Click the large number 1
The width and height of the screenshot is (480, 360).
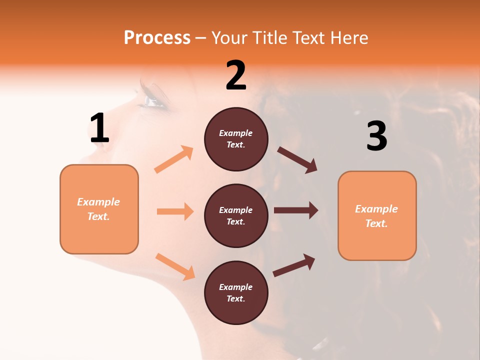(x=99, y=128)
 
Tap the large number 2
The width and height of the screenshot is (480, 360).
(x=236, y=75)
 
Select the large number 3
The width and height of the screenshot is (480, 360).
(x=376, y=136)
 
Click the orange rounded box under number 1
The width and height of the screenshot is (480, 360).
(x=99, y=209)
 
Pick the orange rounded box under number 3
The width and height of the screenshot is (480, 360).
(x=377, y=215)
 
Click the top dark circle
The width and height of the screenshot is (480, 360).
(x=236, y=138)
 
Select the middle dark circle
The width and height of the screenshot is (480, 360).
(x=236, y=215)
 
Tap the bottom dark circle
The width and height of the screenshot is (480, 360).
(x=236, y=292)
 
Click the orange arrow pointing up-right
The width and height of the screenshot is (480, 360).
(x=174, y=159)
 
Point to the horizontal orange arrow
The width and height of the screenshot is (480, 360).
(x=175, y=211)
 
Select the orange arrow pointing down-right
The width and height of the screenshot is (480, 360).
(x=175, y=266)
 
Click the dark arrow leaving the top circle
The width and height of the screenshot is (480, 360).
(x=297, y=159)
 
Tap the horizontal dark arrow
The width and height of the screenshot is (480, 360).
(x=295, y=210)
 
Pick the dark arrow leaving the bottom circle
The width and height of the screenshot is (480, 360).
(x=294, y=265)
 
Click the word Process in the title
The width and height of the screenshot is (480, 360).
(x=157, y=37)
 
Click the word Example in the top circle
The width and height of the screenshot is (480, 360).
(x=236, y=133)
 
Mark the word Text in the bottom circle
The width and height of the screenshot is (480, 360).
(x=235, y=298)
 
